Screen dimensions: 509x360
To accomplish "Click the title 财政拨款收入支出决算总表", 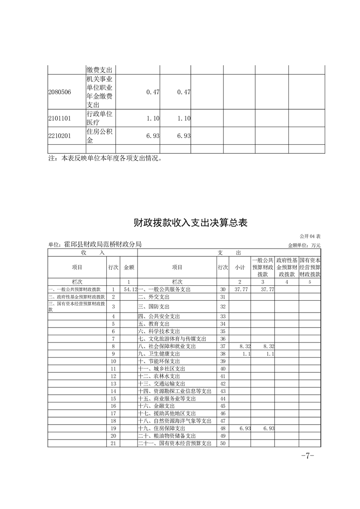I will pyautogui.click(x=190, y=223).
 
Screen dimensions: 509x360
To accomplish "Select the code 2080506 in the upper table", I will pyautogui.click(x=59, y=92).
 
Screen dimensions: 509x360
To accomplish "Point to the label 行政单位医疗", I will pyautogui.click(x=99, y=118).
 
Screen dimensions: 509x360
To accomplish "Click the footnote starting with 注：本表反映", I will pyautogui.click(x=104, y=158).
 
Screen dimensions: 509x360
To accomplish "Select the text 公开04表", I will pyautogui.click(x=310, y=236).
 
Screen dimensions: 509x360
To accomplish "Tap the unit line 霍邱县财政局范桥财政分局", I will pyautogui.click(x=95, y=244).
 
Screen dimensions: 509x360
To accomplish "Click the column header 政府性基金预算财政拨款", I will pyautogui.click(x=286, y=267).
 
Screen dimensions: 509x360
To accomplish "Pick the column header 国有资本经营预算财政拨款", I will pyautogui.click(x=310, y=267).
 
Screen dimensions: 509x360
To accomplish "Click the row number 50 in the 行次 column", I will pyautogui.click(x=222, y=443).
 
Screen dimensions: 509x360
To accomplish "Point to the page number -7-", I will pyautogui.click(x=307, y=456).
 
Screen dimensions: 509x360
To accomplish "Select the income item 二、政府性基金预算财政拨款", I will pyautogui.click(x=77, y=297).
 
